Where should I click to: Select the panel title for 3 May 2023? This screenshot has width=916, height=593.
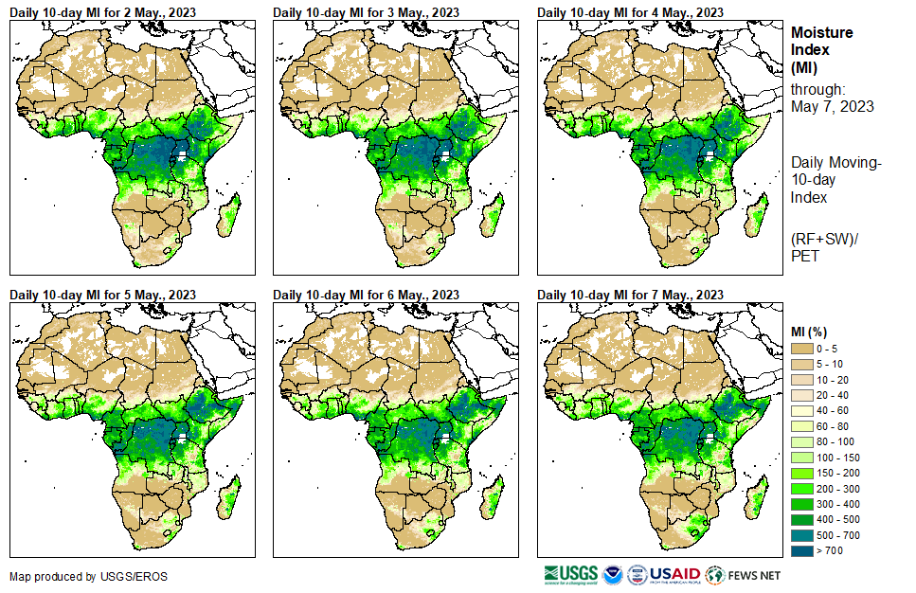(x=366, y=11)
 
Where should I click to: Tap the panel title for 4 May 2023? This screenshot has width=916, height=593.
(x=630, y=11)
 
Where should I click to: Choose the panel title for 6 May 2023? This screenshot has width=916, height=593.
(x=366, y=295)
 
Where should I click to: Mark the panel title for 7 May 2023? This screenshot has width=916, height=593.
(x=630, y=295)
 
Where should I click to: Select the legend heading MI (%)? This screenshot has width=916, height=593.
(x=813, y=331)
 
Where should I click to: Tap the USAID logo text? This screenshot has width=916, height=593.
(x=675, y=574)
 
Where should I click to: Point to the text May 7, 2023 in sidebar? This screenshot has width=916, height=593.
(x=833, y=106)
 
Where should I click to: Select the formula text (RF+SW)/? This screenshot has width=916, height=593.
(x=825, y=239)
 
